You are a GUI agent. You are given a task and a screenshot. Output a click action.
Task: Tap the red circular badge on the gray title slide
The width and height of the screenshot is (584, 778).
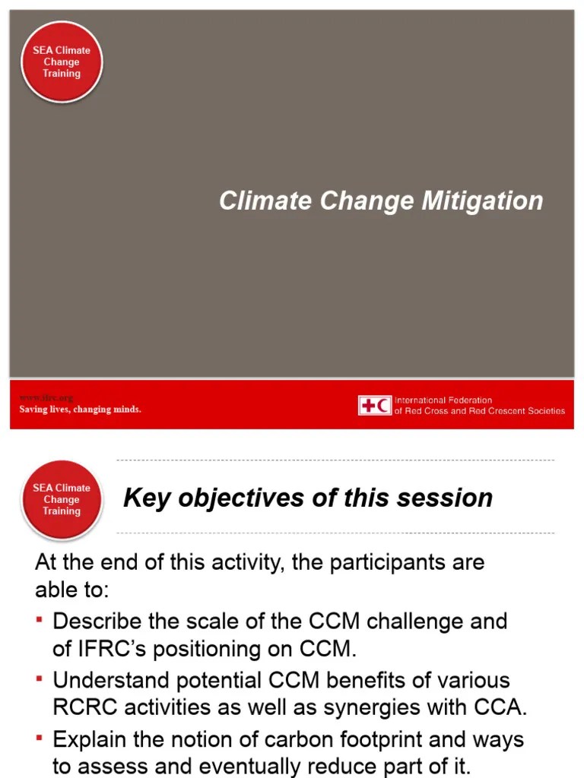coord(62,62)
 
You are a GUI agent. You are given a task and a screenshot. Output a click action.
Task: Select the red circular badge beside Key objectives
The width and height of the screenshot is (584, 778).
coord(62,499)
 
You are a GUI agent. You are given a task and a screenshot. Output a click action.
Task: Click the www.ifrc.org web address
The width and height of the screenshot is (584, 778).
coord(46,398)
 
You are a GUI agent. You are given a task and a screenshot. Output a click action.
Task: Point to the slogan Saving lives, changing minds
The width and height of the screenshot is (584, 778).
coord(80,410)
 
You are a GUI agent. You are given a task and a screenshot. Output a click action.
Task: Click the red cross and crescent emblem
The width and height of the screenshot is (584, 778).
coord(375,406)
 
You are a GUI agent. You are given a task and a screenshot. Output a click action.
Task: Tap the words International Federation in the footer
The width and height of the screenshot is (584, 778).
coord(443,400)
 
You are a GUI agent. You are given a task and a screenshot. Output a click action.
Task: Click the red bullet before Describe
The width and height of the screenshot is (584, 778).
coord(40,621)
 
